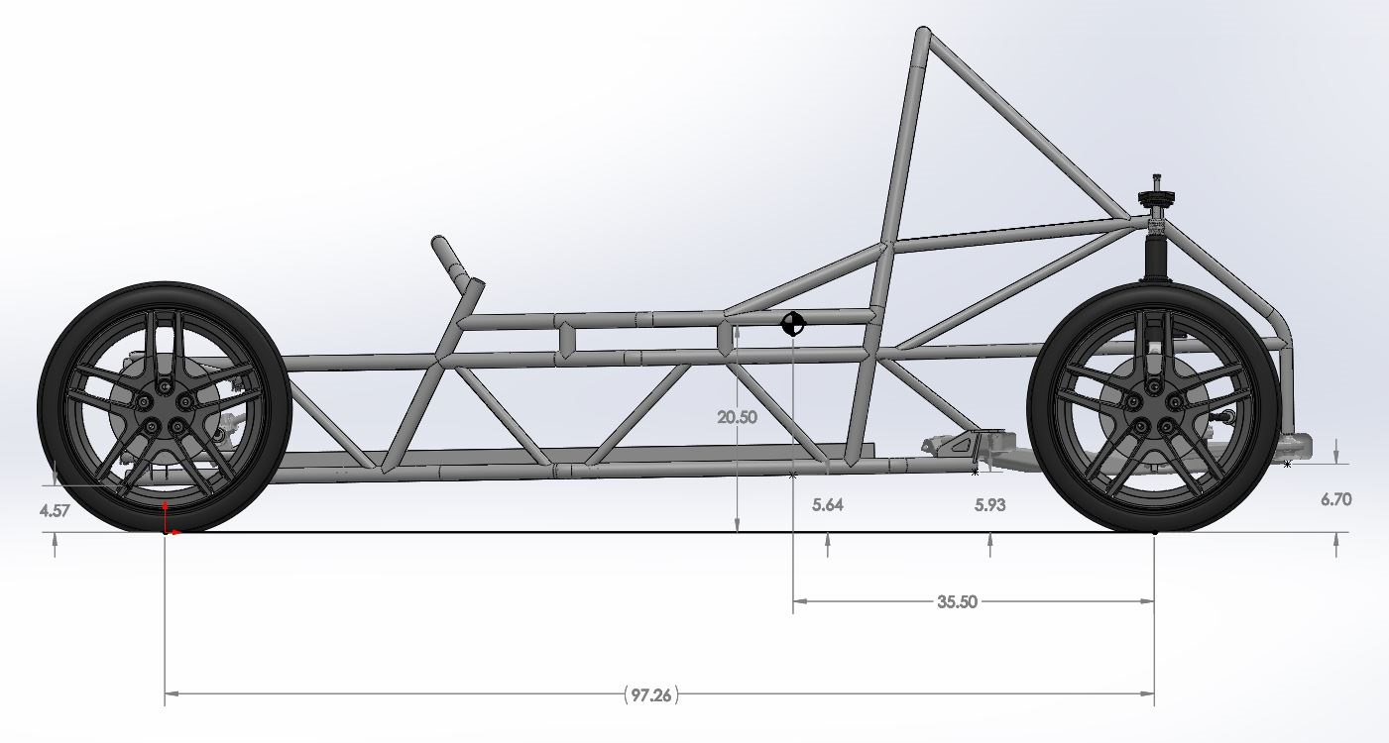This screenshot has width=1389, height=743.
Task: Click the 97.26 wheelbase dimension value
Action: pos(650,694)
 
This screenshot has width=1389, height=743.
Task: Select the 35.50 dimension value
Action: pos(957,601)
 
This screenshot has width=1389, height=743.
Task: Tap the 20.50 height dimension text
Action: pos(738,418)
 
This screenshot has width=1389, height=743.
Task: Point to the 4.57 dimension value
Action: pos(55,511)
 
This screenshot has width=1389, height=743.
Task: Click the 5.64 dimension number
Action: pos(828,505)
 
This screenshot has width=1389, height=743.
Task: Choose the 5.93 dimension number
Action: pos(989,505)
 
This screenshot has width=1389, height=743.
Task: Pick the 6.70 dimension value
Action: pos(1335,499)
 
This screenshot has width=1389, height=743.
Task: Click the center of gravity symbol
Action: pos(792,324)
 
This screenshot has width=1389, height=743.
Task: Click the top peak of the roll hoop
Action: pos(923,31)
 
